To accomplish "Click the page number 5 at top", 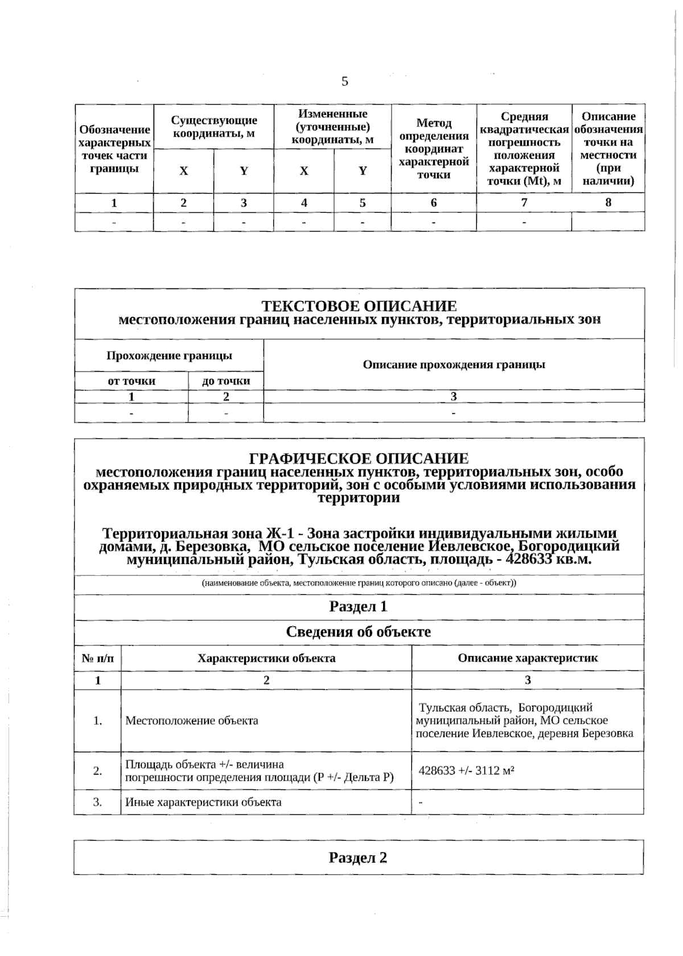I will (344, 81).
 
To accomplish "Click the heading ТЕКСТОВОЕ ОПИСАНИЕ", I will (359, 306).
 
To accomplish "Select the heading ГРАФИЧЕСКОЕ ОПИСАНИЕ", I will (359, 459).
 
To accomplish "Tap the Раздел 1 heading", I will (359, 607).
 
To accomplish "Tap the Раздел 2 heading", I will (359, 858).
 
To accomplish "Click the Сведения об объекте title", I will (359, 632).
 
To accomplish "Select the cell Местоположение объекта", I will (192, 720).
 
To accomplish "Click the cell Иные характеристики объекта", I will (203, 802).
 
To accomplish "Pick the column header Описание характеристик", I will (528, 658).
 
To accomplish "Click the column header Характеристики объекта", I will (266, 658).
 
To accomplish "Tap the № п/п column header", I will (97, 658).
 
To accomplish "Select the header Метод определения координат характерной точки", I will (434, 149).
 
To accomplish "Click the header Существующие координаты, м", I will (213, 127).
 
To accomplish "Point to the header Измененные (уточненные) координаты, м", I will (332, 126).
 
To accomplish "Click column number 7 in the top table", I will (524, 203).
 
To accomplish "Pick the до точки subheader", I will (226, 381).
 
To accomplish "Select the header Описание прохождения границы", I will (454, 364).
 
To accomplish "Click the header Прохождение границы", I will (169, 356).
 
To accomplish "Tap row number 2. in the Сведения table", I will (97, 770).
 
